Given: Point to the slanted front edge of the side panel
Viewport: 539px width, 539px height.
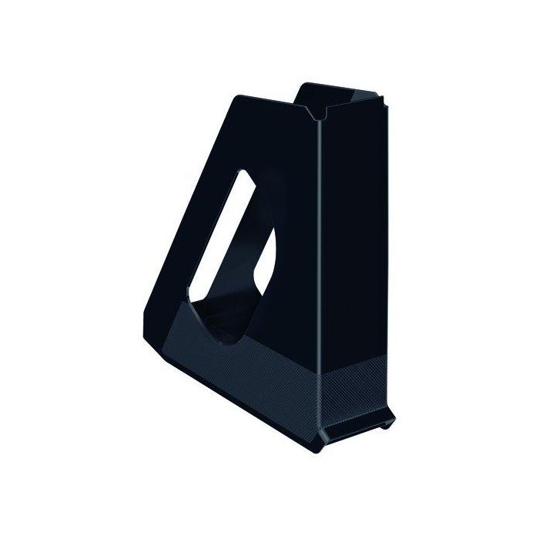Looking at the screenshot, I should pyautogui.click(x=166, y=200).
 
